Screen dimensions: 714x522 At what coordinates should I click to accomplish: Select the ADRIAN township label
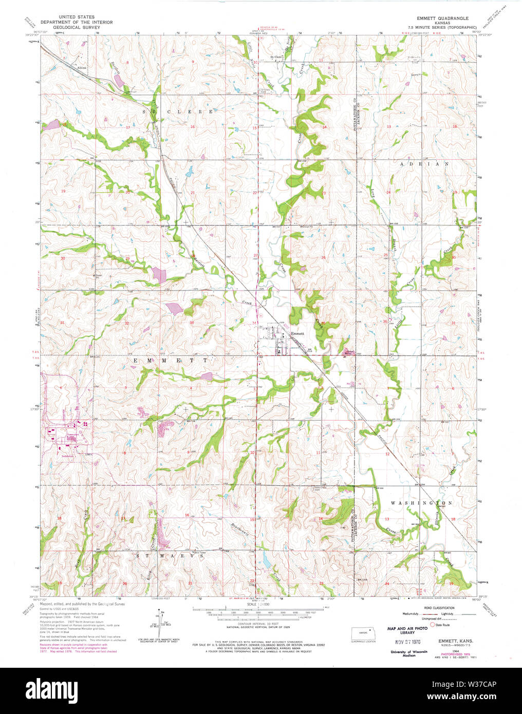pos(424,164)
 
